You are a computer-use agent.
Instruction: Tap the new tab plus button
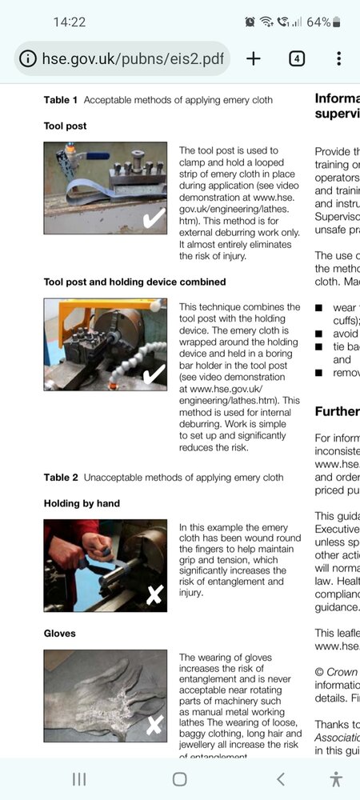click(254, 58)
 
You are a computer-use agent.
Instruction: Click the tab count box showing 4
click(297, 58)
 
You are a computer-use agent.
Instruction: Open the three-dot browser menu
click(338, 58)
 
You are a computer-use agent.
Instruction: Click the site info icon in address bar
click(28, 58)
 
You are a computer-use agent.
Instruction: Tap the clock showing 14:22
click(69, 22)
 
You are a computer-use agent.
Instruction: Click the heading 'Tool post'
click(65, 126)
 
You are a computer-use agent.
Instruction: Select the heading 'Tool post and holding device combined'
click(134, 282)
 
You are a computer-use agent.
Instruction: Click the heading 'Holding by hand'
click(82, 503)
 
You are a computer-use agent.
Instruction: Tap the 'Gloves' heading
click(60, 633)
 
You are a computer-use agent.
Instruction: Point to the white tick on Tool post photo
click(153, 217)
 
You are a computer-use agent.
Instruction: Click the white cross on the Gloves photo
click(154, 725)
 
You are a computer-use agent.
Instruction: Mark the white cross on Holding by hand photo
click(154, 594)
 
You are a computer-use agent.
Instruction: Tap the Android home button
click(180, 778)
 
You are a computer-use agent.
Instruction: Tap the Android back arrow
click(280, 778)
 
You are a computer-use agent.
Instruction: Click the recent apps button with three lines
click(79, 778)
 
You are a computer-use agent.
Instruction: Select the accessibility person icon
click(336, 778)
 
